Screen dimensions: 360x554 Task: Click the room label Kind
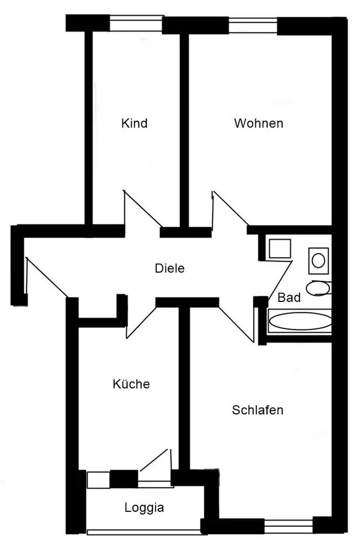(134, 123)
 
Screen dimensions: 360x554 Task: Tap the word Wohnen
(258, 123)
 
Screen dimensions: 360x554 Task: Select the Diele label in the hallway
(169, 269)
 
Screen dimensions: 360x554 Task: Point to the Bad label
(289, 297)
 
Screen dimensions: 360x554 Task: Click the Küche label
(131, 384)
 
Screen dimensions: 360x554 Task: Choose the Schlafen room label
(258, 410)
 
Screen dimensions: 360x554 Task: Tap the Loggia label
(144, 507)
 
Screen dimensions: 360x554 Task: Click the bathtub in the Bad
(300, 322)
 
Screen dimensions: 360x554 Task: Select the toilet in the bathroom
(318, 288)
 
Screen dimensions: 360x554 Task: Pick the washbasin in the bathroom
(318, 260)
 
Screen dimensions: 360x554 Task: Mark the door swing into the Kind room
(141, 209)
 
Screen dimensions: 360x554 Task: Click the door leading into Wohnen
(230, 209)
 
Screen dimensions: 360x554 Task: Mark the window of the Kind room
(136, 23)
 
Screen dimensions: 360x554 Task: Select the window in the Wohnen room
(253, 25)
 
